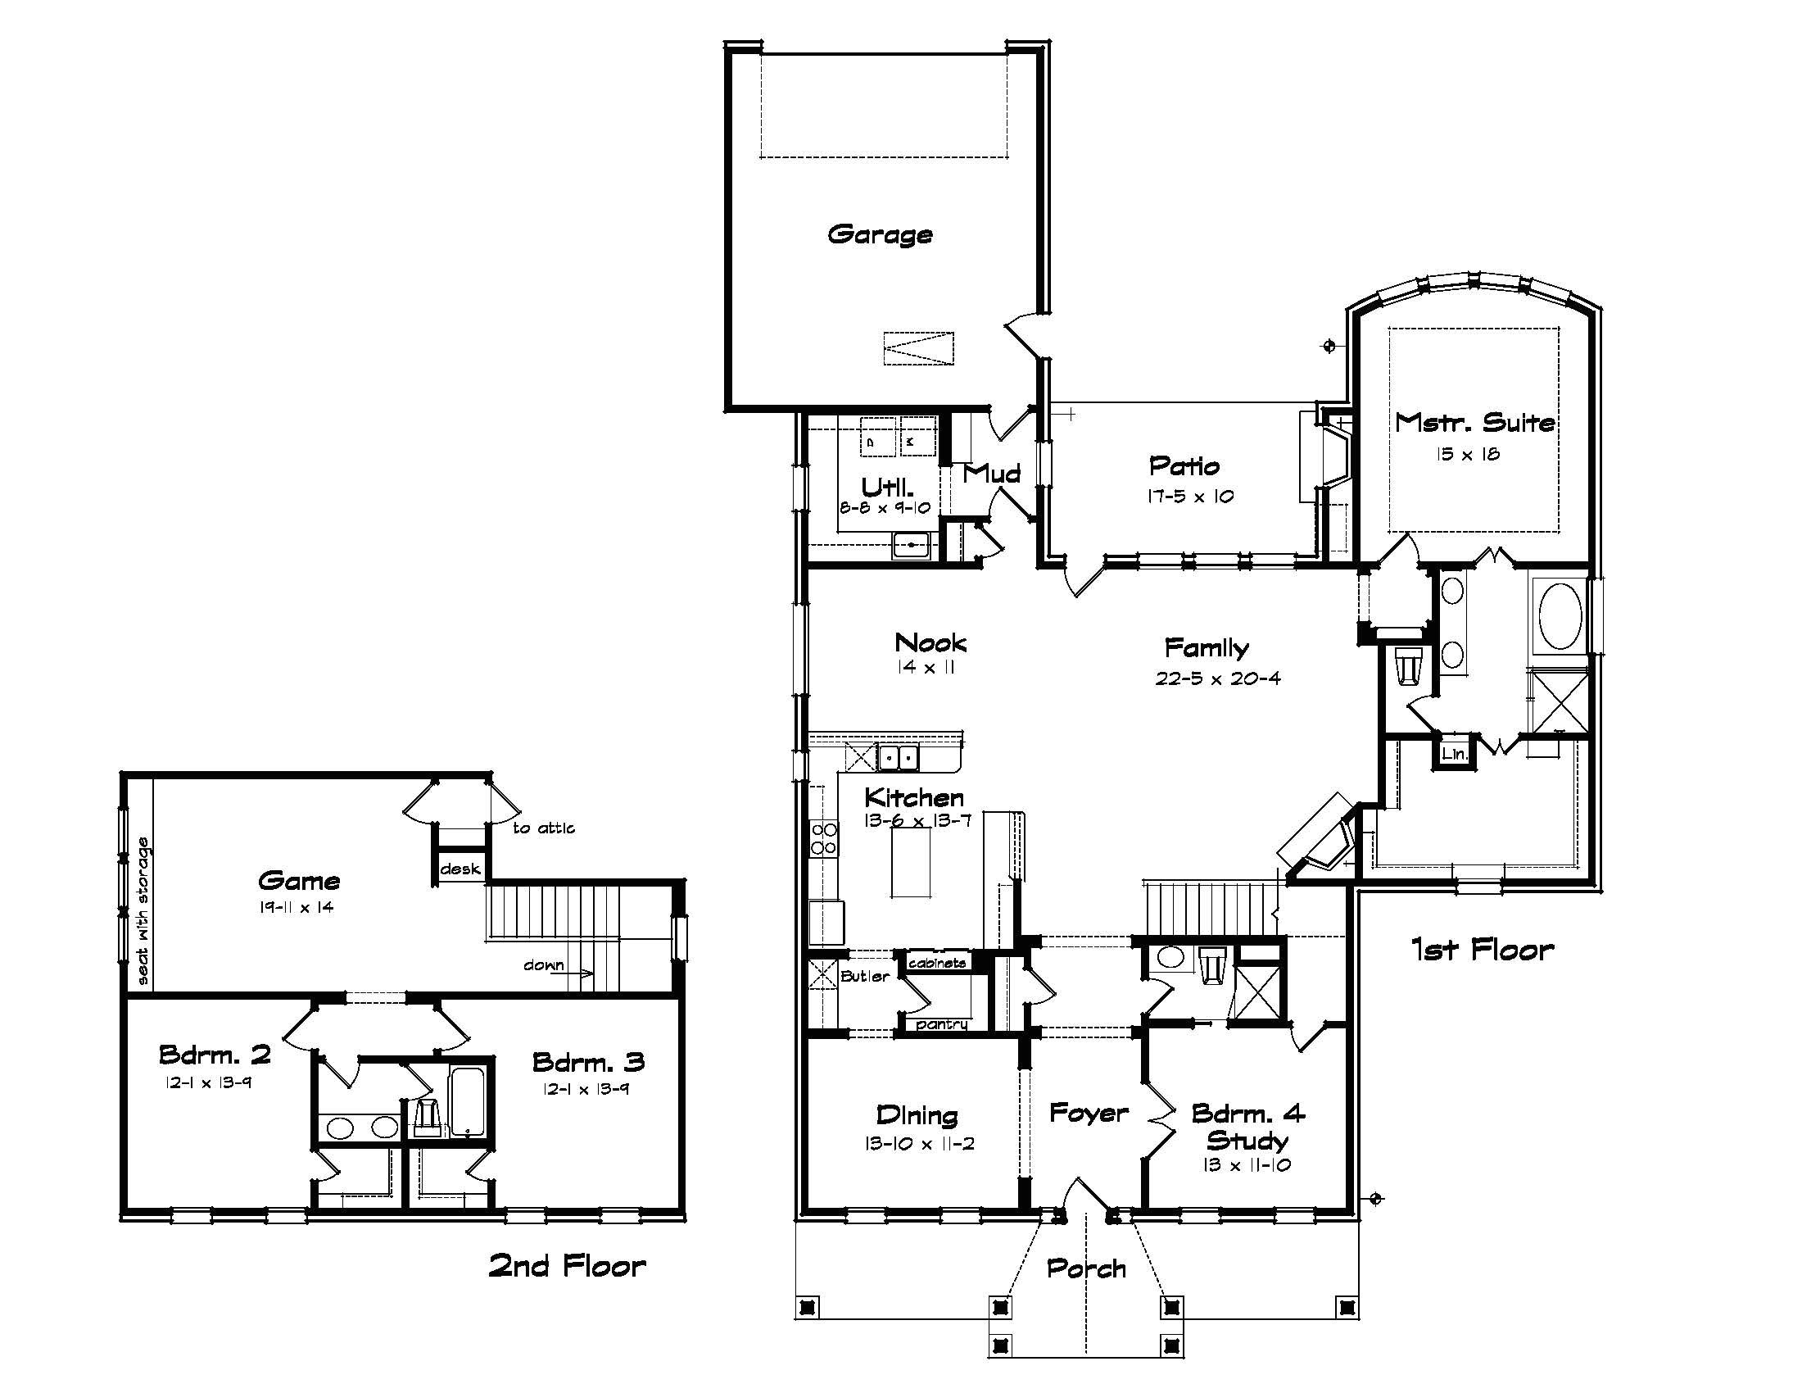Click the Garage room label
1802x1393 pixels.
[x=880, y=234]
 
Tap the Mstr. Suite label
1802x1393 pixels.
[x=1474, y=423]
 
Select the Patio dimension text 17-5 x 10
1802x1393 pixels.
[x=1190, y=497]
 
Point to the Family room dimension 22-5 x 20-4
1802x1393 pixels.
[x=1218, y=678]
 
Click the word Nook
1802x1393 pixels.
[x=930, y=642]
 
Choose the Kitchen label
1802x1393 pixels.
[x=914, y=797]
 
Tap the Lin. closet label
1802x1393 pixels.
[x=1454, y=753]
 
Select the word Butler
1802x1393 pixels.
[x=865, y=976]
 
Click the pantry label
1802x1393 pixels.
[x=941, y=1024]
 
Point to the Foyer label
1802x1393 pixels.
[x=1089, y=1114]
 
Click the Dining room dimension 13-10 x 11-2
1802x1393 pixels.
[x=919, y=1144]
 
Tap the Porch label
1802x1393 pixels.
[x=1086, y=1268]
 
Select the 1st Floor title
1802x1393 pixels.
[x=1482, y=950]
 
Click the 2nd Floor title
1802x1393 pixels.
[x=567, y=1266]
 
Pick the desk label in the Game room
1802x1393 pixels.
[x=460, y=869]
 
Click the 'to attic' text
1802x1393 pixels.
[x=544, y=828]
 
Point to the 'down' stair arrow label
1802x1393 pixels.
[x=544, y=964]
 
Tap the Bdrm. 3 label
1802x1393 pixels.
[x=587, y=1062]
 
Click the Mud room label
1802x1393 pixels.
[x=991, y=473]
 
